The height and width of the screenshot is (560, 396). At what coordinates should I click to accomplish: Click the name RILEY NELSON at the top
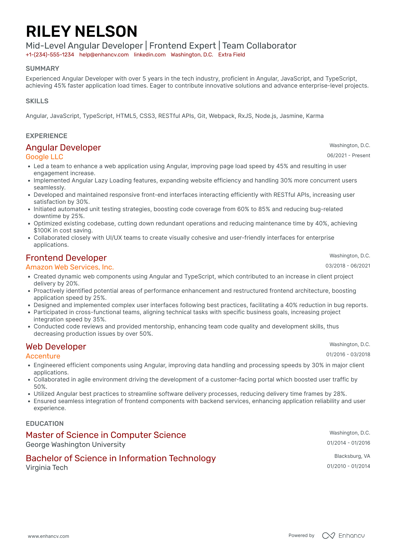(81, 31)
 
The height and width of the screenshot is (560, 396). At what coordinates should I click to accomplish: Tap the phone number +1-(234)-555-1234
(50, 55)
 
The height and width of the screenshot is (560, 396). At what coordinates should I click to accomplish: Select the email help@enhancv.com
(104, 55)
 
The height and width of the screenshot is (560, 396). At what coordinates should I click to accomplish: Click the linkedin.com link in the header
(149, 55)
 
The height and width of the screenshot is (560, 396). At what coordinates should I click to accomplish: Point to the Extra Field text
(231, 55)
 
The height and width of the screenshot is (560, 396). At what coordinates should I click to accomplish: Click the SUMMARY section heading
(42, 68)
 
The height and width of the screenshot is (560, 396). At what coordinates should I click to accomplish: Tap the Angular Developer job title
(63, 148)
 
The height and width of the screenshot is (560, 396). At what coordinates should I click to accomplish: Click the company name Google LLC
(44, 157)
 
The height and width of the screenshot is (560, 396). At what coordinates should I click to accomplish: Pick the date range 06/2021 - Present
(348, 156)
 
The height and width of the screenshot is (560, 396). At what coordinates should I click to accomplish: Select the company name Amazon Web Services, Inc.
(70, 267)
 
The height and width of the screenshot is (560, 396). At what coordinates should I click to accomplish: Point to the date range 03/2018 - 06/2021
(347, 266)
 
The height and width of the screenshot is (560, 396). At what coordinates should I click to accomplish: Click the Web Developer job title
(56, 347)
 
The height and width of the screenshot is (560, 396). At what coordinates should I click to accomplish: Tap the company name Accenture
(43, 356)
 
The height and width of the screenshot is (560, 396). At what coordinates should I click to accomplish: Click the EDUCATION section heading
(45, 424)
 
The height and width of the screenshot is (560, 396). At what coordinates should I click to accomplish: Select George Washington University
(76, 445)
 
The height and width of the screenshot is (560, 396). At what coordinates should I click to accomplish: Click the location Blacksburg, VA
(352, 456)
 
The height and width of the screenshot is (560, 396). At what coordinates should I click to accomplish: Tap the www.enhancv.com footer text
(48, 536)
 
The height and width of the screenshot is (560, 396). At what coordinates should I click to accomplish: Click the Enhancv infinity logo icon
(328, 536)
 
